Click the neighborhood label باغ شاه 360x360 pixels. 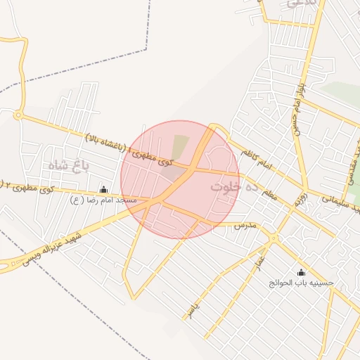66,165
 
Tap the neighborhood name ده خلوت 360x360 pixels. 229,187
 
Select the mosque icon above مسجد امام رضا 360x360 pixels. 104,189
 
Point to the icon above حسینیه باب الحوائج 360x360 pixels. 302,272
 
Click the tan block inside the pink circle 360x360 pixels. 181,146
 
